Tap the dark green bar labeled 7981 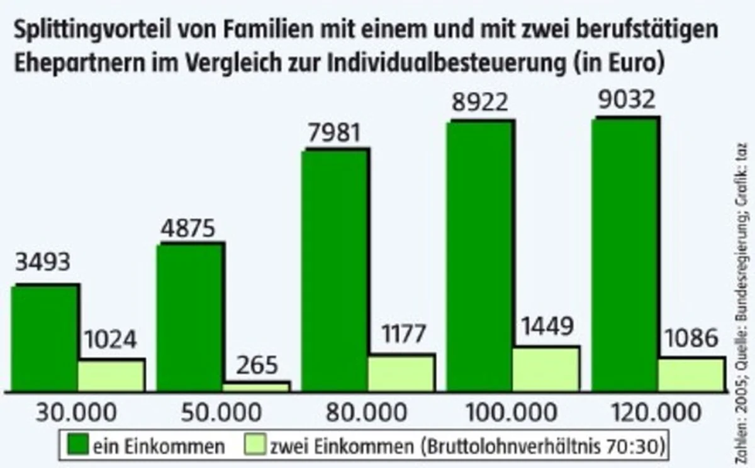pyautogui.click(x=335, y=270)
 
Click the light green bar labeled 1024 pyautogui.click(x=111, y=376)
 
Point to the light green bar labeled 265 pyautogui.click(x=256, y=387)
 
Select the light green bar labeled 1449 pyautogui.click(x=545, y=369)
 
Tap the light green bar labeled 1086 pyautogui.click(x=690, y=375)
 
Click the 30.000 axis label pyautogui.click(x=76, y=413)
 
